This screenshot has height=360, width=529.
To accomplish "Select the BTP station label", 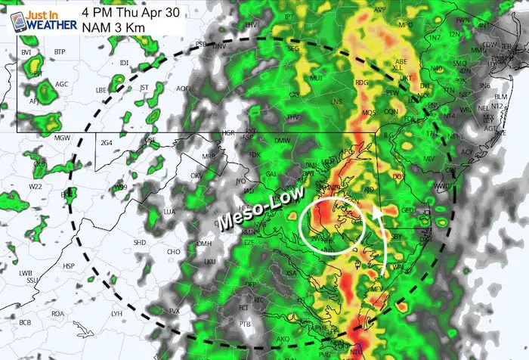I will pyautogui.click(x=60, y=51).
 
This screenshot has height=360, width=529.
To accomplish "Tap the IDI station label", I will pyautogui.click(x=124, y=62).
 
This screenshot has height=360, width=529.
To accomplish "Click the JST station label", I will pyautogui.click(x=144, y=88).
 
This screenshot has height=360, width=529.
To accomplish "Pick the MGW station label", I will pyautogui.click(x=62, y=138).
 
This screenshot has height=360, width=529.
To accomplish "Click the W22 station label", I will pyautogui.click(x=36, y=185).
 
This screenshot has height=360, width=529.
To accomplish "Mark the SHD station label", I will pyautogui.click(x=140, y=242).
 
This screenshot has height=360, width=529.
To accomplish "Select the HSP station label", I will pyautogui.click(x=69, y=266).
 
